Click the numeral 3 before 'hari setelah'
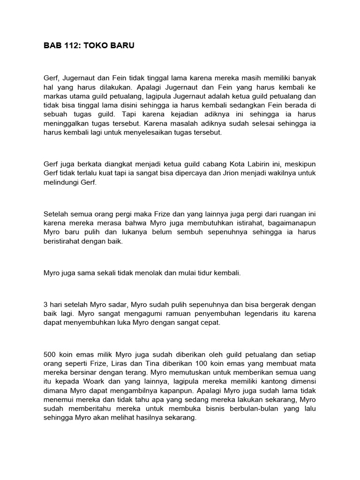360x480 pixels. tap(45, 304)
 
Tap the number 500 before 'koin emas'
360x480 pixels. tap(50, 355)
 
